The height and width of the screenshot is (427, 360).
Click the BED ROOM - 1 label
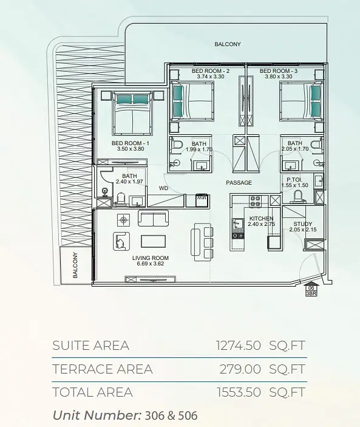[131, 143]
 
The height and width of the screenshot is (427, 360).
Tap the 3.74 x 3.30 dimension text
[211, 77]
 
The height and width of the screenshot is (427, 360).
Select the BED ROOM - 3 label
[279, 71]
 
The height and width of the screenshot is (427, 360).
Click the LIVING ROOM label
[151, 258]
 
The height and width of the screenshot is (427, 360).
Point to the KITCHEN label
[261, 219]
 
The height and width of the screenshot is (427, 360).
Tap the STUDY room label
[302, 224]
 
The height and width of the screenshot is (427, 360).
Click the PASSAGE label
[239, 182]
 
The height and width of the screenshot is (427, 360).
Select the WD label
[163, 188]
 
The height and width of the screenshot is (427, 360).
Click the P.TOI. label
[294, 180]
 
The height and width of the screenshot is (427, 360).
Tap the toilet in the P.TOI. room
[297, 197]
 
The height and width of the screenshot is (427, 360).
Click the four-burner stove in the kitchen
[255, 201]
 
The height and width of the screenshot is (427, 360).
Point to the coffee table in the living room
[153, 241]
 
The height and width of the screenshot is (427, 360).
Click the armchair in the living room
[121, 241]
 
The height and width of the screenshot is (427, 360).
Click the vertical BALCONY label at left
[75, 265]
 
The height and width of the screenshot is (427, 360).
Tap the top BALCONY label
[228, 44]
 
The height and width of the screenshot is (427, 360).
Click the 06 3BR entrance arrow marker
[311, 290]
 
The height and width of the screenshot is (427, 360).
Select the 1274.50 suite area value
[239, 345]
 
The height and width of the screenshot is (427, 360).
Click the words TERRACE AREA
[103, 369]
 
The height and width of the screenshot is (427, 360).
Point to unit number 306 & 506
[171, 415]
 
